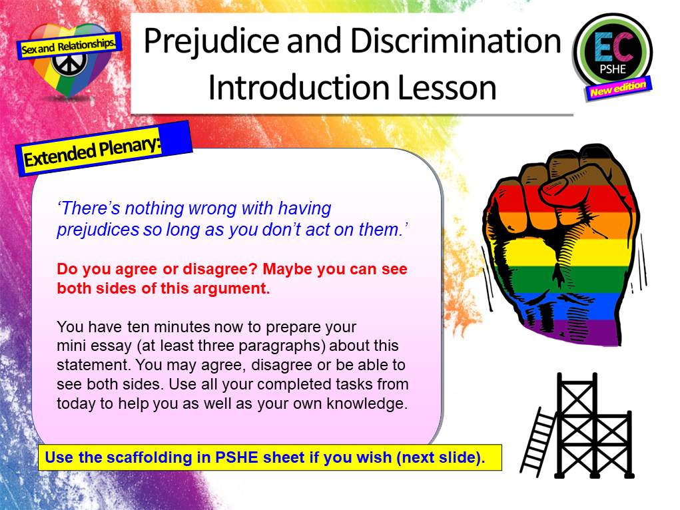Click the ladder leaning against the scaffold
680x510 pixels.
(x=537, y=439)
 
